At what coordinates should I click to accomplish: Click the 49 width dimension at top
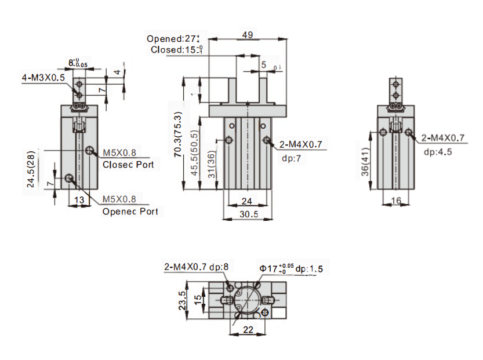(248, 35)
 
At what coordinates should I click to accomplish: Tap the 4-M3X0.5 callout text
(43, 77)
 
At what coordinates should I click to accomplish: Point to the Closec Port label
(128, 165)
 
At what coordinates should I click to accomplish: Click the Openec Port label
(130, 211)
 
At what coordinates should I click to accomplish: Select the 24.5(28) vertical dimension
(31, 169)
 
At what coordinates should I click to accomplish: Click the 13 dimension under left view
(79, 199)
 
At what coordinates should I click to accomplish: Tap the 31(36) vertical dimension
(212, 164)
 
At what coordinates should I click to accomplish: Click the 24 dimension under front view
(248, 201)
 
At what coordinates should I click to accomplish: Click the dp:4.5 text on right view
(438, 151)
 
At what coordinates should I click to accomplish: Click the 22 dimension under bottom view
(248, 330)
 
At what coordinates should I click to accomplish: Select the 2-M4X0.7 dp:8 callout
(197, 267)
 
